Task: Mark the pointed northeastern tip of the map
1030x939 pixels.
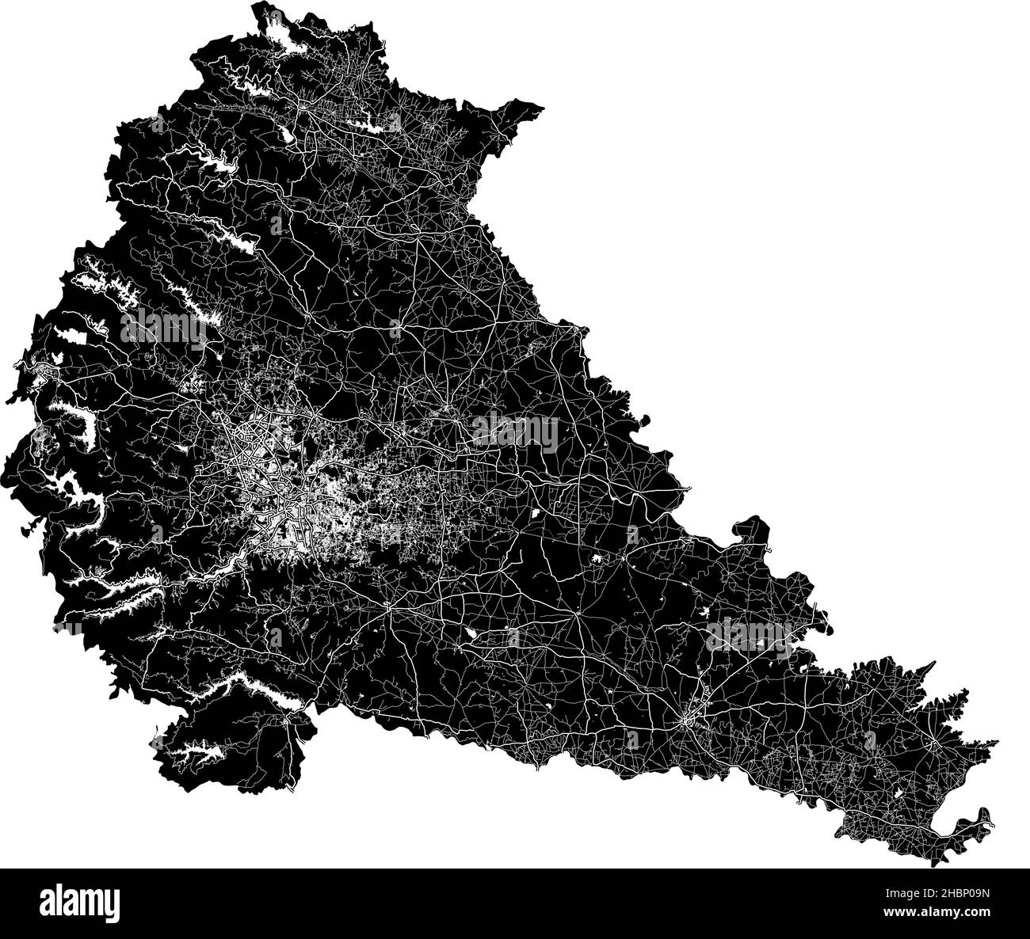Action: pos(542,107)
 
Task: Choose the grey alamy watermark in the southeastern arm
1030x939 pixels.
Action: pos(749,633)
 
